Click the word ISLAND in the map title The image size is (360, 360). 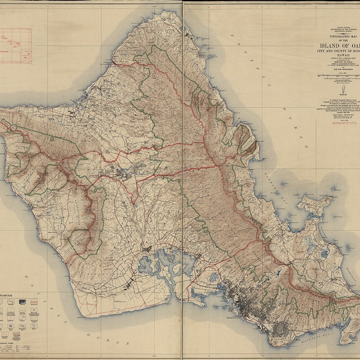[329, 49]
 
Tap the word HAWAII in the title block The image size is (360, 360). [339, 63]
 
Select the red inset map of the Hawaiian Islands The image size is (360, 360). [15, 46]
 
